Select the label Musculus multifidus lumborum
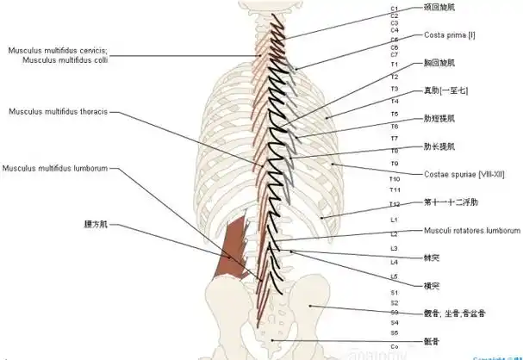tap(54, 168)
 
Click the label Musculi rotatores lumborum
tap(471, 231)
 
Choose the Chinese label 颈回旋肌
tap(441, 7)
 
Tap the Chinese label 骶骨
tap(433, 342)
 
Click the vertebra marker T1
tap(394, 65)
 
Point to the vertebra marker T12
tap(395, 204)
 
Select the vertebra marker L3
tap(394, 248)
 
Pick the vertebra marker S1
tap(394, 291)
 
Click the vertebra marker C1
tap(394, 8)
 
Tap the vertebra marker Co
tap(394, 346)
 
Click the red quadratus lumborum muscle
tap(231, 250)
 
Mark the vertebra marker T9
tap(394, 163)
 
